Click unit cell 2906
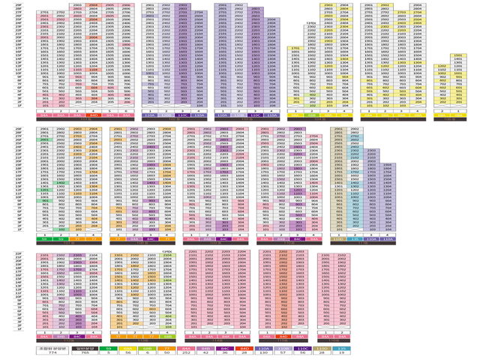click(x=126, y=4)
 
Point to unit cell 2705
click(x=109, y=13)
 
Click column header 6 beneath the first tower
click(x=126, y=110)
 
